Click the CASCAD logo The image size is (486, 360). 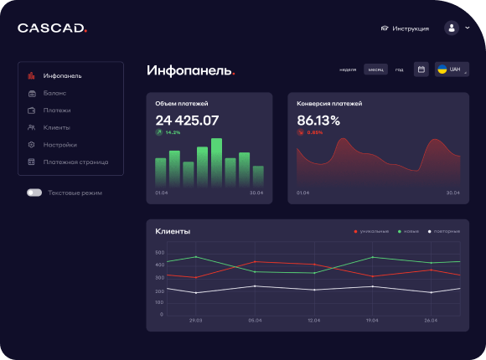pyautogui.click(x=52, y=28)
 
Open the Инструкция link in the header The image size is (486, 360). pyautogui.click(x=405, y=28)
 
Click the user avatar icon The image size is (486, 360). pyautogui.click(x=452, y=28)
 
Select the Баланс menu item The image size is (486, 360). pyautogui.click(x=55, y=93)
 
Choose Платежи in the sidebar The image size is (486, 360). pyautogui.click(x=57, y=111)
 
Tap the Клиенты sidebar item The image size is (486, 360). pyautogui.click(x=56, y=127)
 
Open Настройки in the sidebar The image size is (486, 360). pyautogui.click(x=59, y=145)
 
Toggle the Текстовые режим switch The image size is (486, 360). pyautogui.click(x=34, y=193)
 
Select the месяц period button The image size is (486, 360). pyautogui.click(x=376, y=69)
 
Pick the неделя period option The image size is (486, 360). pyautogui.click(x=349, y=69)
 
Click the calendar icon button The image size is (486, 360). pyautogui.click(x=421, y=69)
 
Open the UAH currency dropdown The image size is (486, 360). pyautogui.click(x=452, y=69)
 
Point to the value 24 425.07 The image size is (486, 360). pyautogui.click(x=187, y=120)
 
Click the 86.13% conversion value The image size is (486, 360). pyautogui.click(x=318, y=120)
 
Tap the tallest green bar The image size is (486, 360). pyautogui.click(x=216, y=162)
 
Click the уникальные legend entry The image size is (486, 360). pyautogui.click(x=371, y=231)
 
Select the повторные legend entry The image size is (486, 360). pyautogui.click(x=445, y=231)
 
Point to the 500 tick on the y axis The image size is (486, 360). pyautogui.click(x=160, y=252)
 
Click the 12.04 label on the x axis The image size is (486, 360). pyautogui.click(x=314, y=321)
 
